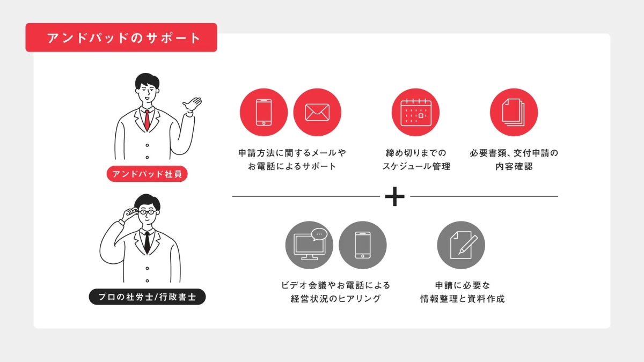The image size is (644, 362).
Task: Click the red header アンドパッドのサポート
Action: coord(121,38)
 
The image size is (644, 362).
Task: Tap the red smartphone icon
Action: coord(264,113)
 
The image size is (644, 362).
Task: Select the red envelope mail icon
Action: coord(317,113)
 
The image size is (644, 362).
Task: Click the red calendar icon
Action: coord(415,113)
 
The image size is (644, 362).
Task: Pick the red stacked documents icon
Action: coord(514,113)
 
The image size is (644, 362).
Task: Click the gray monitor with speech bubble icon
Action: coord(309,245)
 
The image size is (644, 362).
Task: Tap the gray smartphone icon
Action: coord(363,245)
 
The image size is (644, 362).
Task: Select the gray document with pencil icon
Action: coord(461,245)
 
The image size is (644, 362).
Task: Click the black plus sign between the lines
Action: coord(395,197)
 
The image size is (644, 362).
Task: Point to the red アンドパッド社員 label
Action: coord(147,174)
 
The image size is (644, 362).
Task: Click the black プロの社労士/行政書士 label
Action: coord(147,297)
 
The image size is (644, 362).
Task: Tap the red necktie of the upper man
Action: coord(147,120)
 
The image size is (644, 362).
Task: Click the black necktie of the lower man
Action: coord(147,243)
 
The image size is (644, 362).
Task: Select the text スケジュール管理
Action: coord(416,166)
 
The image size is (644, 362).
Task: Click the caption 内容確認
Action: coord(514,166)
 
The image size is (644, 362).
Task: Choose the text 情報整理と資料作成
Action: coord(462,299)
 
